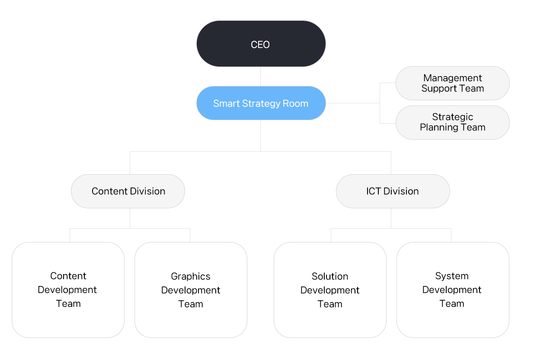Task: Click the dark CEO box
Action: [261, 44]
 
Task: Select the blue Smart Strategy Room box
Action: [261, 103]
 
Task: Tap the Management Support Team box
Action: [452, 83]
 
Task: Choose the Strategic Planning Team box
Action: [452, 122]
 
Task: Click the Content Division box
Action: [128, 191]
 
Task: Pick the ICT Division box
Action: [393, 191]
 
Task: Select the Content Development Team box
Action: [68, 290]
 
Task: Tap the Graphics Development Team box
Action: [191, 290]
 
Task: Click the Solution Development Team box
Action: [330, 290]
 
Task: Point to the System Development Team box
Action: [453, 290]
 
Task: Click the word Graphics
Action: [191, 277]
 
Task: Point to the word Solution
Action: [330, 276]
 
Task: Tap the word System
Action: [452, 276]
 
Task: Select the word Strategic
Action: [452, 117]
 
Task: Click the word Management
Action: [452, 78]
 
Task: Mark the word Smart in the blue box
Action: [227, 103]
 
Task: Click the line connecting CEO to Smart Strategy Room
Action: [261, 76]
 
